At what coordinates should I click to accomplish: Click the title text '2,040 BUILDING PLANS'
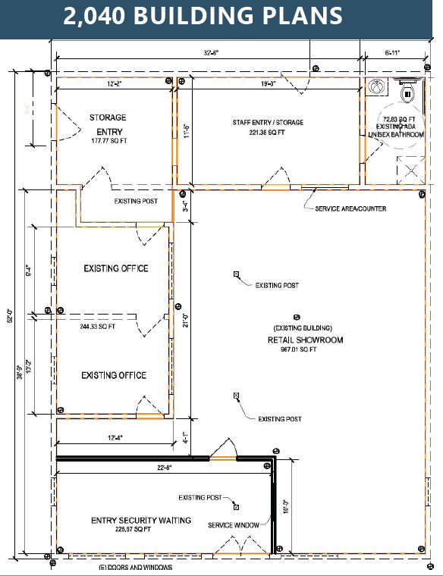pos(203,16)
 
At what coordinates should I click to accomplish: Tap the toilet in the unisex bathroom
pos(407,93)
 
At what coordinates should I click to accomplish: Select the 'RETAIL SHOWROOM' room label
pos(305,340)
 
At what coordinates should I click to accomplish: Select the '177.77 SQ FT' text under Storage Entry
pos(108,141)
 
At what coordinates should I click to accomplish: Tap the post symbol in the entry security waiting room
pos(237,506)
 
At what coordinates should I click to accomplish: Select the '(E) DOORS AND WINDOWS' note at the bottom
pos(134,568)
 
